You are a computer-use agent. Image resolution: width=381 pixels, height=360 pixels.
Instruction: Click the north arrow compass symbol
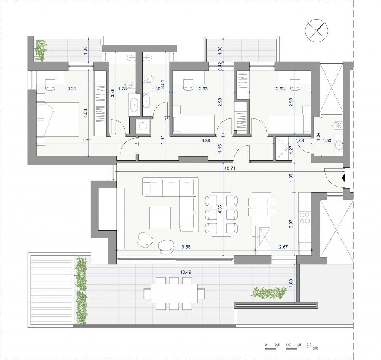(x=317, y=31)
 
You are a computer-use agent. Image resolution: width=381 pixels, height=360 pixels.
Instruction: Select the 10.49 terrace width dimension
(x=186, y=272)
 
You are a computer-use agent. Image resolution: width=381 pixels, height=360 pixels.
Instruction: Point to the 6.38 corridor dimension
(x=206, y=140)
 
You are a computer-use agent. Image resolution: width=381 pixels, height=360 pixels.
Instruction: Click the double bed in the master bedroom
(x=58, y=119)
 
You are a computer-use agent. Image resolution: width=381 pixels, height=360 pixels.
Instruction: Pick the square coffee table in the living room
(x=160, y=218)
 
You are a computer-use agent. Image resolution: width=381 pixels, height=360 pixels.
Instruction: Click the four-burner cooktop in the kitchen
(x=305, y=217)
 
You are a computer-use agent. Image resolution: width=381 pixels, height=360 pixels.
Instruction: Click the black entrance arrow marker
(x=343, y=179)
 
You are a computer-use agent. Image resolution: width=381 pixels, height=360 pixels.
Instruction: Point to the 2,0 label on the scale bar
(x=309, y=345)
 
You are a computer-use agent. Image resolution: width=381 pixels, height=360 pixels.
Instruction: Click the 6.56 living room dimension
(x=186, y=247)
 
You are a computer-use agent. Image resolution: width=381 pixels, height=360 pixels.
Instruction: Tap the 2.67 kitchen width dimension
(x=283, y=247)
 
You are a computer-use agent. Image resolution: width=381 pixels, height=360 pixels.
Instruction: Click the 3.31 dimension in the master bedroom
(x=72, y=89)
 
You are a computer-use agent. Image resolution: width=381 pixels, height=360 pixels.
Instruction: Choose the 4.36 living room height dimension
(x=220, y=209)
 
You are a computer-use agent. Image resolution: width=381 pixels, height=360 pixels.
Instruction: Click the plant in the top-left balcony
(x=40, y=50)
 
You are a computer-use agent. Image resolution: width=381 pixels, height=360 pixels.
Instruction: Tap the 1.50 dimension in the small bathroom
(x=327, y=140)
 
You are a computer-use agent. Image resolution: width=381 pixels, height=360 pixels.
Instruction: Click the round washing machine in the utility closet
(x=142, y=126)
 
